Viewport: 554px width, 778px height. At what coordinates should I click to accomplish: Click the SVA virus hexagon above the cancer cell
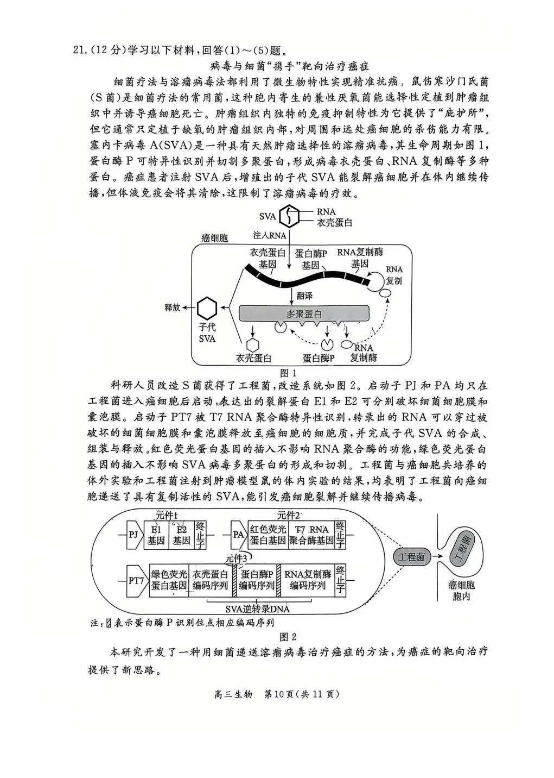pyautogui.click(x=291, y=217)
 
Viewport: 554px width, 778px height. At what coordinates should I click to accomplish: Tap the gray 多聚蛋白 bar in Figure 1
pyautogui.click(x=304, y=314)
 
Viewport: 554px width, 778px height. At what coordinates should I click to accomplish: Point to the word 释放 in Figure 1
pyautogui.click(x=172, y=308)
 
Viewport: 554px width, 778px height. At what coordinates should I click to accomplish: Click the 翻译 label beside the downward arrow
pyautogui.click(x=304, y=296)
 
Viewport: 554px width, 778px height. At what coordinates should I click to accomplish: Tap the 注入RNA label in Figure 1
pyautogui.click(x=270, y=236)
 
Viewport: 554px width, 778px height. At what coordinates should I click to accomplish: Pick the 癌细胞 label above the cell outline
pyautogui.click(x=214, y=238)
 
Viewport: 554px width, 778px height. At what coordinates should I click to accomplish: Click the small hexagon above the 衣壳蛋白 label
pyautogui.click(x=252, y=344)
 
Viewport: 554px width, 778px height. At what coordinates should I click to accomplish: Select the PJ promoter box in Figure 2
pyautogui.click(x=133, y=534)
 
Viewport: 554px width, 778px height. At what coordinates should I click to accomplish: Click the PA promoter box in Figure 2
pyautogui.click(x=238, y=534)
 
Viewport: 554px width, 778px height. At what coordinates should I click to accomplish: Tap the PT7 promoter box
pyautogui.click(x=137, y=580)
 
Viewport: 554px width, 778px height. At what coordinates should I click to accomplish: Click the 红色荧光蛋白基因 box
pyautogui.click(x=268, y=535)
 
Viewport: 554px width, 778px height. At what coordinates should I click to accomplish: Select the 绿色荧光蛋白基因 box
pyautogui.click(x=169, y=580)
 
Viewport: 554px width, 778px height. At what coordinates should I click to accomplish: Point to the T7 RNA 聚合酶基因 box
pyautogui.click(x=310, y=535)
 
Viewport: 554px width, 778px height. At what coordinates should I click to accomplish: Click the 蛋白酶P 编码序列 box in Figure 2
pyautogui.click(x=256, y=580)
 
